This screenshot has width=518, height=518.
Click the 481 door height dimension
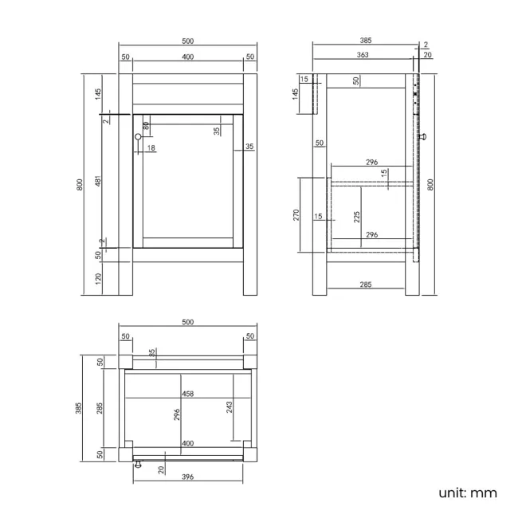pos(97,182)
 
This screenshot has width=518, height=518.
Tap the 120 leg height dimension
pos(97,278)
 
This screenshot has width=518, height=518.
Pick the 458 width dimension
pos(188,394)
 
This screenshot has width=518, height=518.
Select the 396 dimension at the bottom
pos(188,477)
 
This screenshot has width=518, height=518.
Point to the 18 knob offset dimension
pos(151,148)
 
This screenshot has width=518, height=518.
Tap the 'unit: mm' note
pos(468,492)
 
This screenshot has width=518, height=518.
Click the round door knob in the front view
pos(138,137)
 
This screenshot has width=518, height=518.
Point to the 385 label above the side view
pos(366,40)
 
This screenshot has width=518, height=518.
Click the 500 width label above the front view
pos(188,40)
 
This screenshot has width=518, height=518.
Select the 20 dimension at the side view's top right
pos(427,55)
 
